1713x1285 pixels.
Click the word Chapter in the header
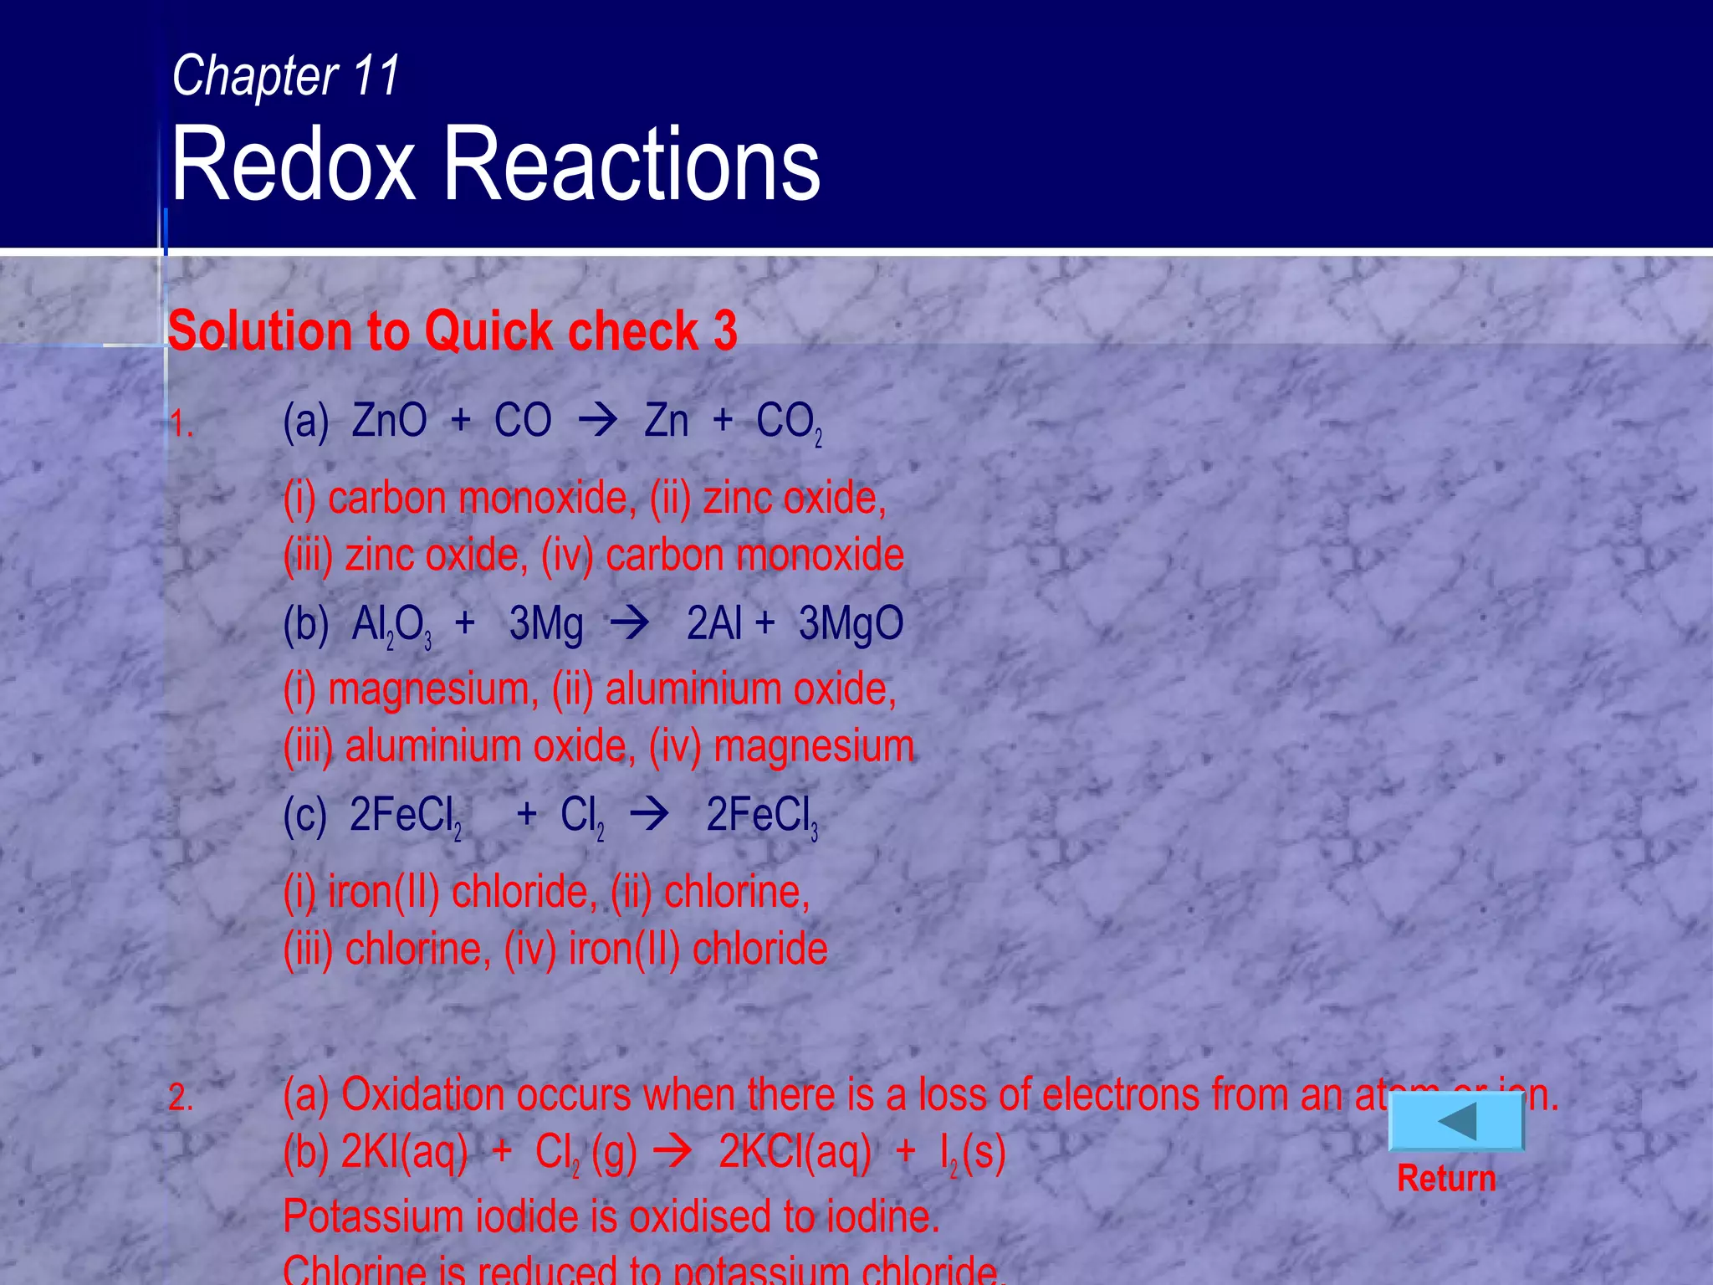(254, 76)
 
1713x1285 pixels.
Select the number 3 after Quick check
(725, 330)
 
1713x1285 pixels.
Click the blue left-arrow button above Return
(1456, 1122)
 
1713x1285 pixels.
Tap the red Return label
(1446, 1179)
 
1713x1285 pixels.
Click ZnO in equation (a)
(389, 421)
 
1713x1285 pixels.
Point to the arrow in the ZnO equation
(597, 421)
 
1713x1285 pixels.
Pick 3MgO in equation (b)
(851, 624)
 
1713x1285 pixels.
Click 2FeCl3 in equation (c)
(761, 816)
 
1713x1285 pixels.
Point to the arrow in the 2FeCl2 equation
(650, 814)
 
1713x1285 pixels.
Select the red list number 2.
(181, 1098)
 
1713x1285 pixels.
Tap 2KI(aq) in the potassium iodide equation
(404, 1153)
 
